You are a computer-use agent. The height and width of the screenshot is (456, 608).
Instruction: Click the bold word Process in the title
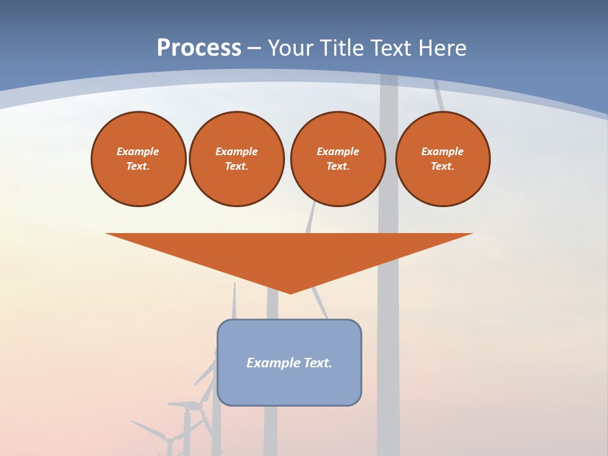[x=199, y=48]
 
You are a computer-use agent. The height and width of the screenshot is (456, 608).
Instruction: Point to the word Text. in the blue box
[x=319, y=363]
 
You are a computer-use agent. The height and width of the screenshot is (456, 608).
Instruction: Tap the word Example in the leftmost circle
[x=138, y=151]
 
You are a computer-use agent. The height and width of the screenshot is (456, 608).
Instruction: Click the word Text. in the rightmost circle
[x=443, y=166]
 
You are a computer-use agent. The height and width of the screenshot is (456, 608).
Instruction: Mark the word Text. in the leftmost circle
[x=138, y=166]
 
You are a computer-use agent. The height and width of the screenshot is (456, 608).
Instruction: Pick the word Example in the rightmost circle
[x=443, y=151]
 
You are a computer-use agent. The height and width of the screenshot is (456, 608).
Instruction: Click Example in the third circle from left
[x=338, y=151]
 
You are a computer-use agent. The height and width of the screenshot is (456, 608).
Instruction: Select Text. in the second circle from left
[x=236, y=166]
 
